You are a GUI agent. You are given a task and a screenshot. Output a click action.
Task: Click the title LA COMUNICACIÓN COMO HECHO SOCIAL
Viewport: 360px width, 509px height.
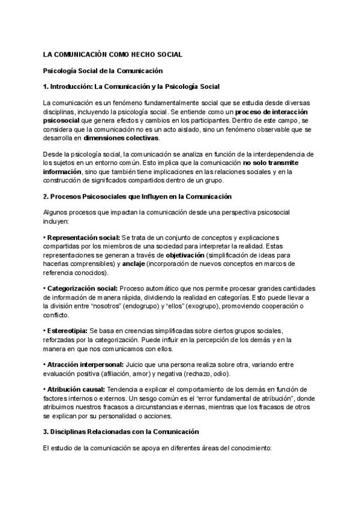pyautogui.click(x=113, y=55)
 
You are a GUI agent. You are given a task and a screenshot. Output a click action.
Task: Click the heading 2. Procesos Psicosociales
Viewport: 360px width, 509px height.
pyautogui.click(x=137, y=197)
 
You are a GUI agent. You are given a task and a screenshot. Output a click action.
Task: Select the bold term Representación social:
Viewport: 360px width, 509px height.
pyautogui.click(x=83, y=238)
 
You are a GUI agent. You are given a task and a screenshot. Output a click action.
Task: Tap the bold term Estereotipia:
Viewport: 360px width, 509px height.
pyautogui.click(x=67, y=331)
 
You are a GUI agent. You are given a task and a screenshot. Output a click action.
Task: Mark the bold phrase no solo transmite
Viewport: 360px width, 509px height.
pyautogui.click(x=275, y=163)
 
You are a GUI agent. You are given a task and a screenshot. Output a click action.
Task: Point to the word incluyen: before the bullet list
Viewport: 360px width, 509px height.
pyautogui.click(x=57, y=221)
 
